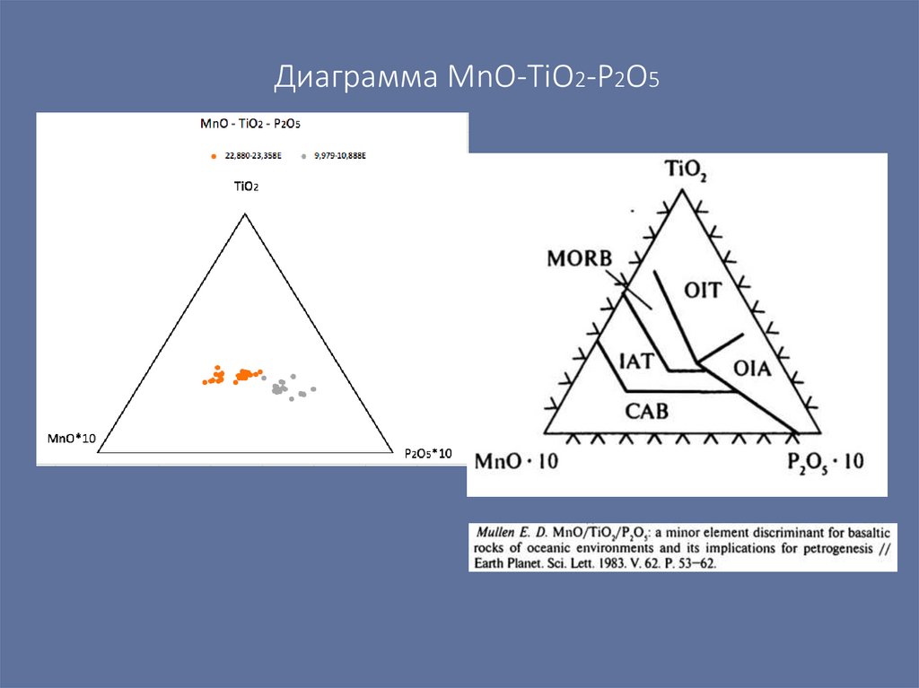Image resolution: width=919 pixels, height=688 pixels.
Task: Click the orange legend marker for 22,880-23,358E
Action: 214,157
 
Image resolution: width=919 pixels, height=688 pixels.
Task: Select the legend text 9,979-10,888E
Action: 340,156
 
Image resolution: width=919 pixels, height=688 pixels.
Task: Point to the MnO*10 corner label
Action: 71,439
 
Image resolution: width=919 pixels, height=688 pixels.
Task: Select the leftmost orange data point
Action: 205,382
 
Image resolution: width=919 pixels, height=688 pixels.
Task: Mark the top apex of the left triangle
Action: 244,213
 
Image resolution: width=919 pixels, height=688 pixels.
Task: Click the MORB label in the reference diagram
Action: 579,259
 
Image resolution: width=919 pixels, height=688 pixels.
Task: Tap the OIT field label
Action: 703,290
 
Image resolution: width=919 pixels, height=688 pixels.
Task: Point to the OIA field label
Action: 753,368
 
